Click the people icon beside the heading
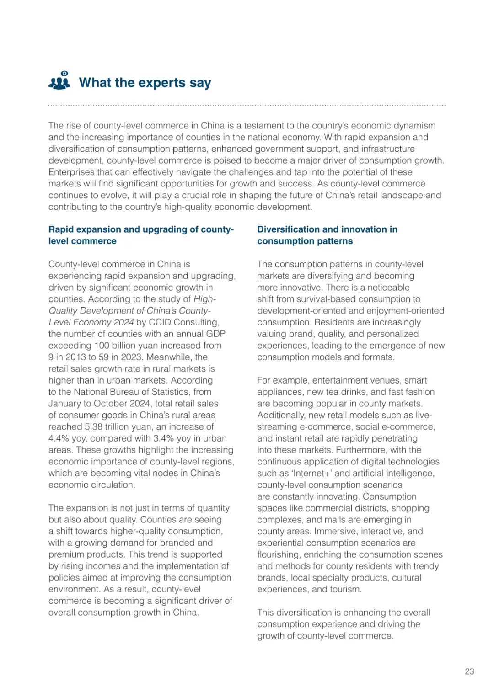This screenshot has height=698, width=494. click(x=59, y=80)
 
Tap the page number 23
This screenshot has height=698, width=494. click(x=469, y=671)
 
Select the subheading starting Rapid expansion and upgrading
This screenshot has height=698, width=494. click(x=141, y=235)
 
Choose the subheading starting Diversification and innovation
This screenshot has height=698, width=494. click(x=327, y=235)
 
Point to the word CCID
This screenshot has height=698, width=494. click(x=160, y=322)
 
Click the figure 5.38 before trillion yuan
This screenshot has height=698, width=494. click(x=96, y=427)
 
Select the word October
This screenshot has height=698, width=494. click(x=110, y=404)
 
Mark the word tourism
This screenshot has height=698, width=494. click(x=348, y=590)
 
